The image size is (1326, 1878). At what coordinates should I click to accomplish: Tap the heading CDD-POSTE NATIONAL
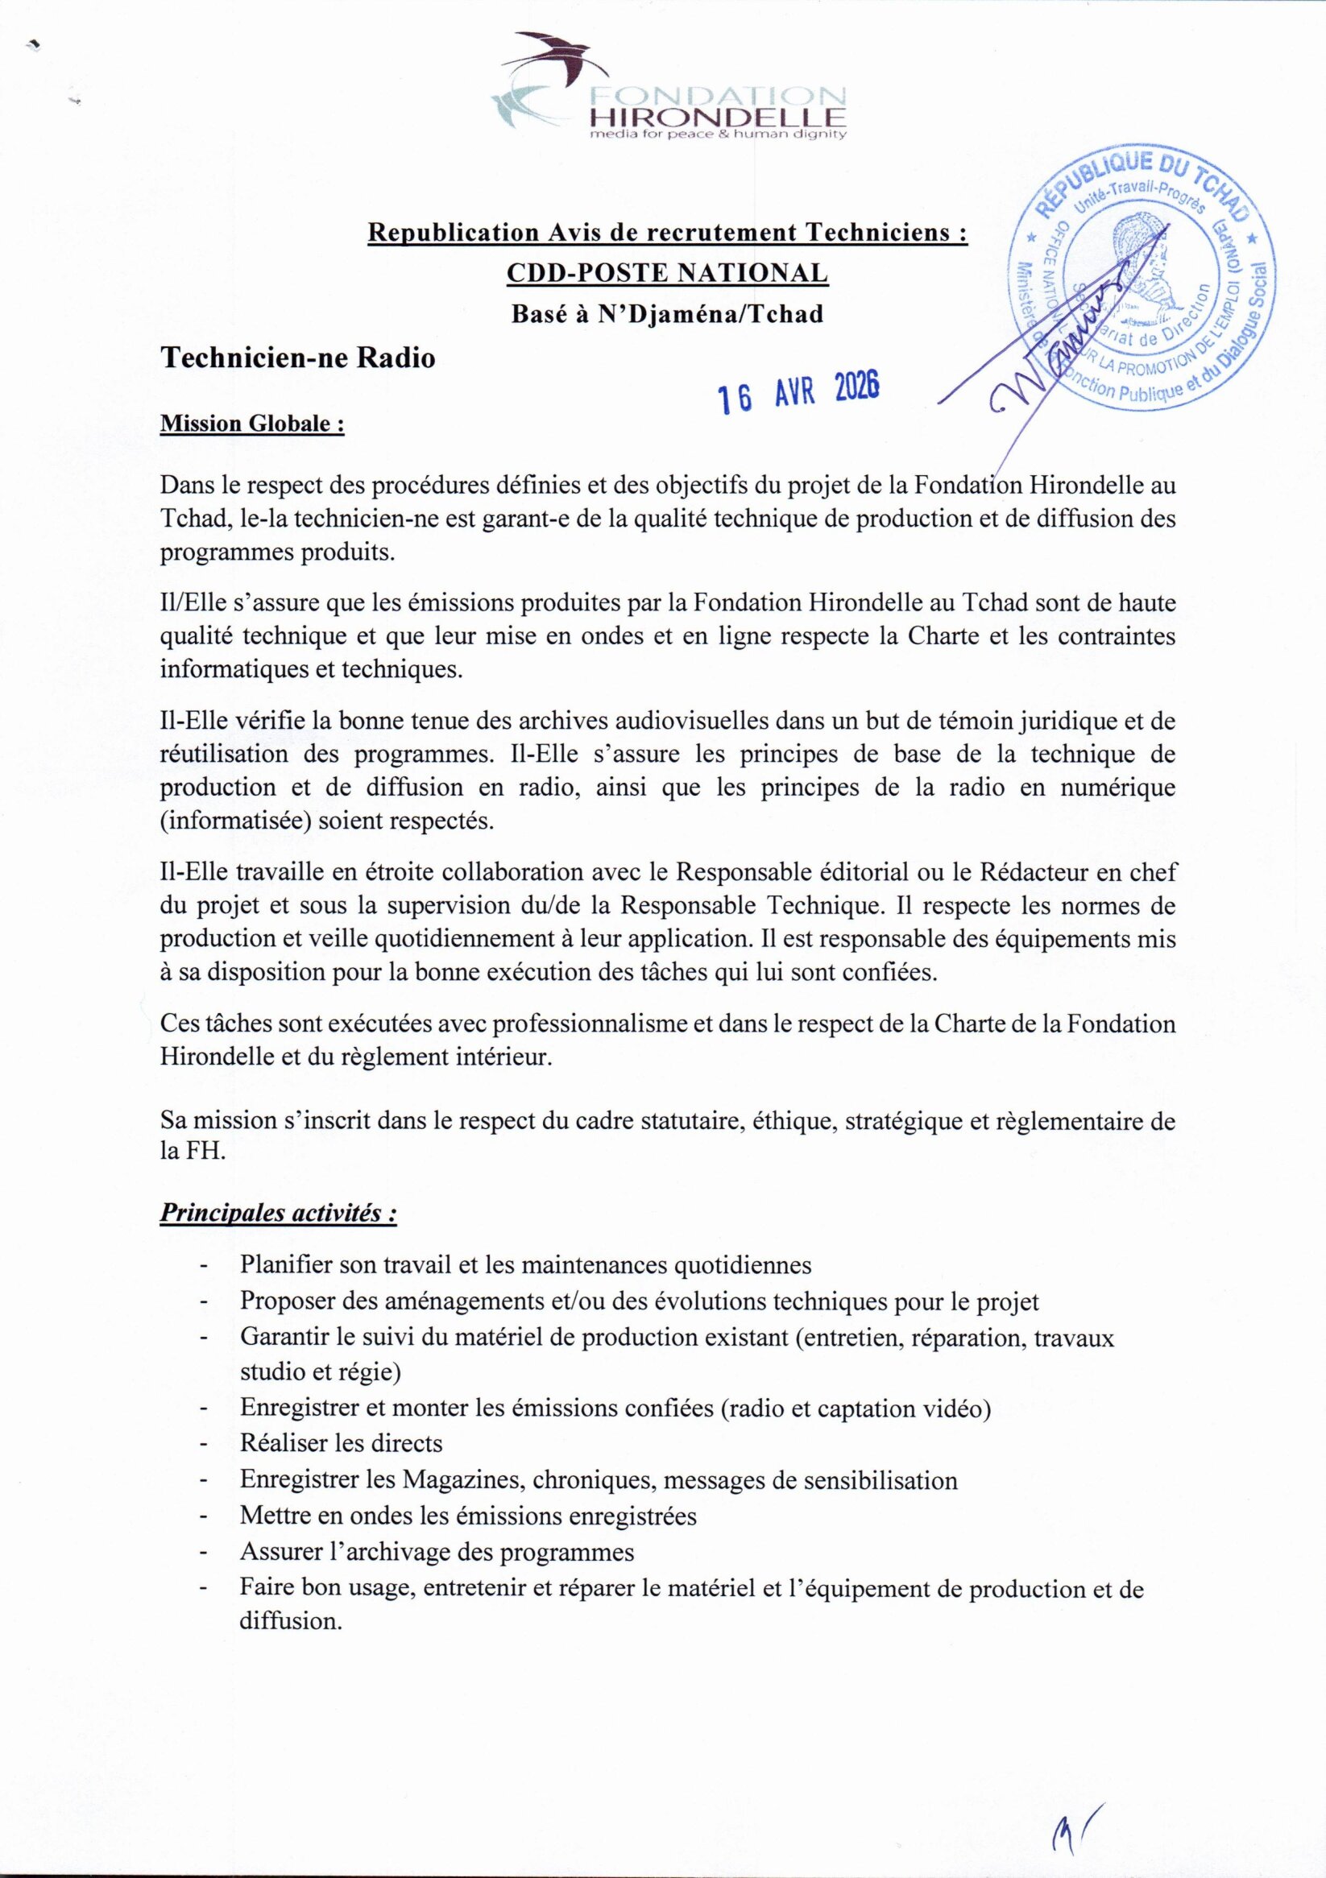pyautogui.click(x=668, y=273)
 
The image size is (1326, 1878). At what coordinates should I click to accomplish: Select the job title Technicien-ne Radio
pyautogui.click(x=298, y=358)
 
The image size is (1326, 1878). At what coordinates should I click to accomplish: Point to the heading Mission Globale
pyautogui.click(x=252, y=425)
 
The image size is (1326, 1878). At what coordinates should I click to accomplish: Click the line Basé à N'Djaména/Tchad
pyautogui.click(x=667, y=314)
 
